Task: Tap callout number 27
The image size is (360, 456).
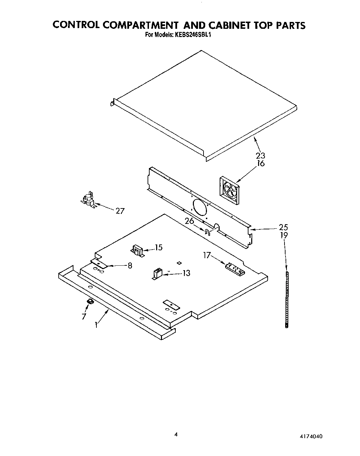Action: tap(120, 211)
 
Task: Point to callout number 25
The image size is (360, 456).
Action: tap(283, 227)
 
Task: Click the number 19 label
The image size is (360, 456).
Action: tap(283, 235)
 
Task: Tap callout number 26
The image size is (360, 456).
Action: tap(189, 221)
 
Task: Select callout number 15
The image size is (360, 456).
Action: tap(159, 247)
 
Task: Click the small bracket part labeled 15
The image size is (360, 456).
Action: tap(138, 251)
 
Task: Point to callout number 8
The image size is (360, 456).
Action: tap(130, 265)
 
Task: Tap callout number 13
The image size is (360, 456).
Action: tap(186, 273)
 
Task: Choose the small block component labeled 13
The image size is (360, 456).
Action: tap(157, 274)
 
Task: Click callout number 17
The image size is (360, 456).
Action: tap(207, 255)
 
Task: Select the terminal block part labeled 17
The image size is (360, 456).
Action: tap(235, 268)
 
